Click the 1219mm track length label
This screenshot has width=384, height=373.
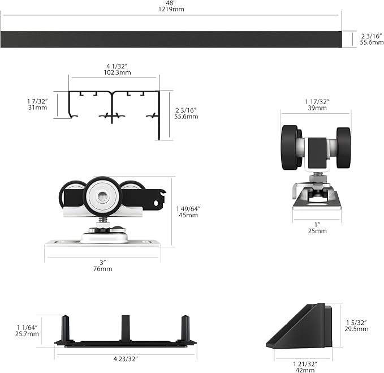[171, 9]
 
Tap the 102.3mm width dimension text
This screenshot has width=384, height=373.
[117, 72]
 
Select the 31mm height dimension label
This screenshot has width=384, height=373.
[37, 108]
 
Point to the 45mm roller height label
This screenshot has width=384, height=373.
[188, 215]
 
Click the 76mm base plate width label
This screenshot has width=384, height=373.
[102, 269]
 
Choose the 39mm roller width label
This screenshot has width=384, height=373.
[317, 108]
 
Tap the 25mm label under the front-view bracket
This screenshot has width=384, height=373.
[317, 231]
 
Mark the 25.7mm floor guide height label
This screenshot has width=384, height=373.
[27, 334]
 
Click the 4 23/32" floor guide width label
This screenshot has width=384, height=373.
[126, 359]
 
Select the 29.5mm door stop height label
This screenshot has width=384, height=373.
[356, 329]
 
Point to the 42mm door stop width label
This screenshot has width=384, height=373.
[305, 370]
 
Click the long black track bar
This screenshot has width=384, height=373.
[171, 39]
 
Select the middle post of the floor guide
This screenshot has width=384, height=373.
[126, 328]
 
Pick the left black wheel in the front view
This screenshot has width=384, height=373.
[291, 148]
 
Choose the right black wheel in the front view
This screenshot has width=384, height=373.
[343, 148]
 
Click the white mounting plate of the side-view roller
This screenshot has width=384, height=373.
[102, 243]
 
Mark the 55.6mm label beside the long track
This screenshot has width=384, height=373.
[372, 42]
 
